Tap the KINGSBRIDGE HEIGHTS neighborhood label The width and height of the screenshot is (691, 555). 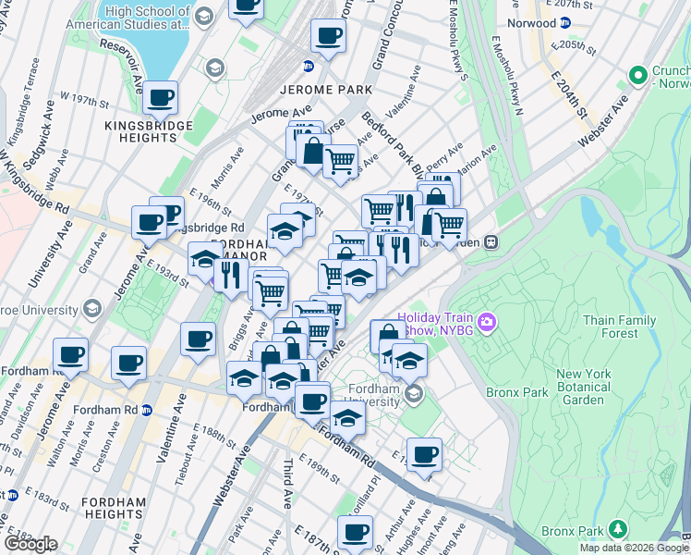148,131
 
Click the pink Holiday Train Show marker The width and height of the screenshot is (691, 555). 487,323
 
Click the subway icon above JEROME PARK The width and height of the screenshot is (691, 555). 309,66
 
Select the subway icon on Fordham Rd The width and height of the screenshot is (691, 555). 145,409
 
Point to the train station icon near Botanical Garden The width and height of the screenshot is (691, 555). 492,242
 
